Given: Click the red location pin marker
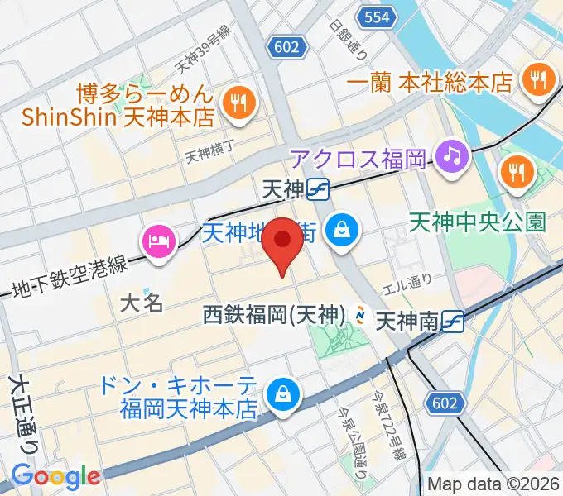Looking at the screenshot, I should click(x=283, y=242).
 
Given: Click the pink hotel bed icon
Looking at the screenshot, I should click(x=157, y=242).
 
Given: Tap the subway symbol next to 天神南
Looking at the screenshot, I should click(x=454, y=320).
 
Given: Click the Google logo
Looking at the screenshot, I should click(x=55, y=475).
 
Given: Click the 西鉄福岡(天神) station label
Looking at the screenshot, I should click(x=274, y=315).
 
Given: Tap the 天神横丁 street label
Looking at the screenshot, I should click(x=210, y=152).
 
